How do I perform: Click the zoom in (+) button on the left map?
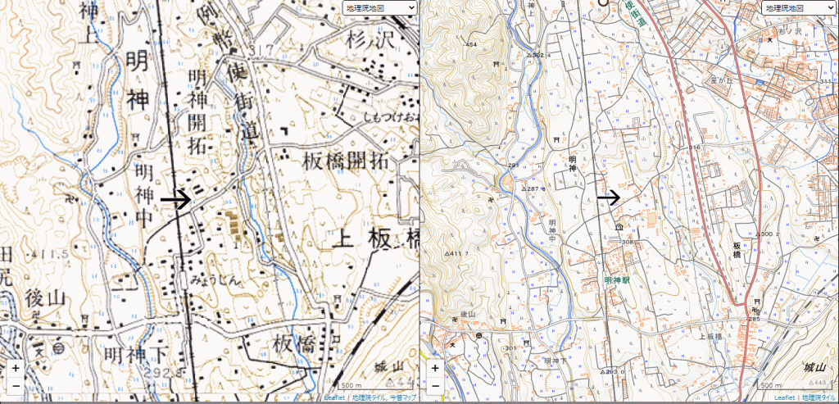[x=16, y=369]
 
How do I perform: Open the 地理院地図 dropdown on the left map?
[x=379, y=8]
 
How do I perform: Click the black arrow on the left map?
[x=175, y=198]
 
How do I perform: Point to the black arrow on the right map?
[x=608, y=197]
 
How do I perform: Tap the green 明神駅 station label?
[x=616, y=279]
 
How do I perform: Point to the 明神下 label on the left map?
[x=136, y=354]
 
